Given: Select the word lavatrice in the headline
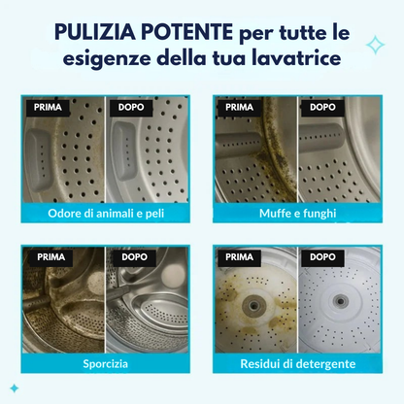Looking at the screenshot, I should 301,58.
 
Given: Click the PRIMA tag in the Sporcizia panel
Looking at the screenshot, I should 50,257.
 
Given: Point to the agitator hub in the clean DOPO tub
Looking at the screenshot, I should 339,300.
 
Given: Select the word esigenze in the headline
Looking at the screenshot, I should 109,58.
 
